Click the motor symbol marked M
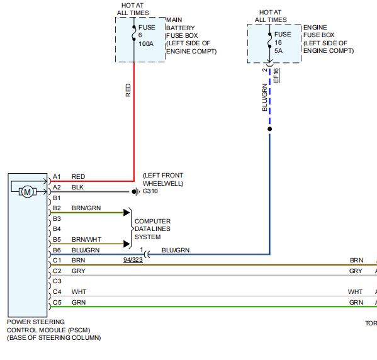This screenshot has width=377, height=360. coord(28,192)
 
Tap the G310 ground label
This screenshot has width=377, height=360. coord(150,191)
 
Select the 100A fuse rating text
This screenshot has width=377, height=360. coord(146,44)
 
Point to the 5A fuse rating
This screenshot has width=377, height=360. coord(278,51)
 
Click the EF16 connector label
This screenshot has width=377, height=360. coord(276,76)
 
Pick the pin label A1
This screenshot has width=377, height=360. coord(57,177)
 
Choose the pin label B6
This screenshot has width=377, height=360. coord(57,250)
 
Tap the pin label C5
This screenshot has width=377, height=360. coord(57,302)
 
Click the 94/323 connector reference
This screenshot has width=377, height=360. coord(133,260)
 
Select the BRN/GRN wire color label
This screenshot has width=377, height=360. coord(86,208)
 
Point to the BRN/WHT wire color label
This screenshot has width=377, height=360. coord(87,240)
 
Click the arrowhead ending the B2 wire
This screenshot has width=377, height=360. coord(127,213)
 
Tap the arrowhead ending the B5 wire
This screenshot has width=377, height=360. coord(127,244)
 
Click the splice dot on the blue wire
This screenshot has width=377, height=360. coord(270,129)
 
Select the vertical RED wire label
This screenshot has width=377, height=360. coord(128,90)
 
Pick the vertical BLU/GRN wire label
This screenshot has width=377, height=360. coord(265,98)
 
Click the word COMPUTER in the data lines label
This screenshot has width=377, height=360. coord(152,222)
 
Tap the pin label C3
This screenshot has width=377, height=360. coord(57,281)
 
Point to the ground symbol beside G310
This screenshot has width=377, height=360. coord(135,192)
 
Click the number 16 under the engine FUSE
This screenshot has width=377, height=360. coord(278,43)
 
